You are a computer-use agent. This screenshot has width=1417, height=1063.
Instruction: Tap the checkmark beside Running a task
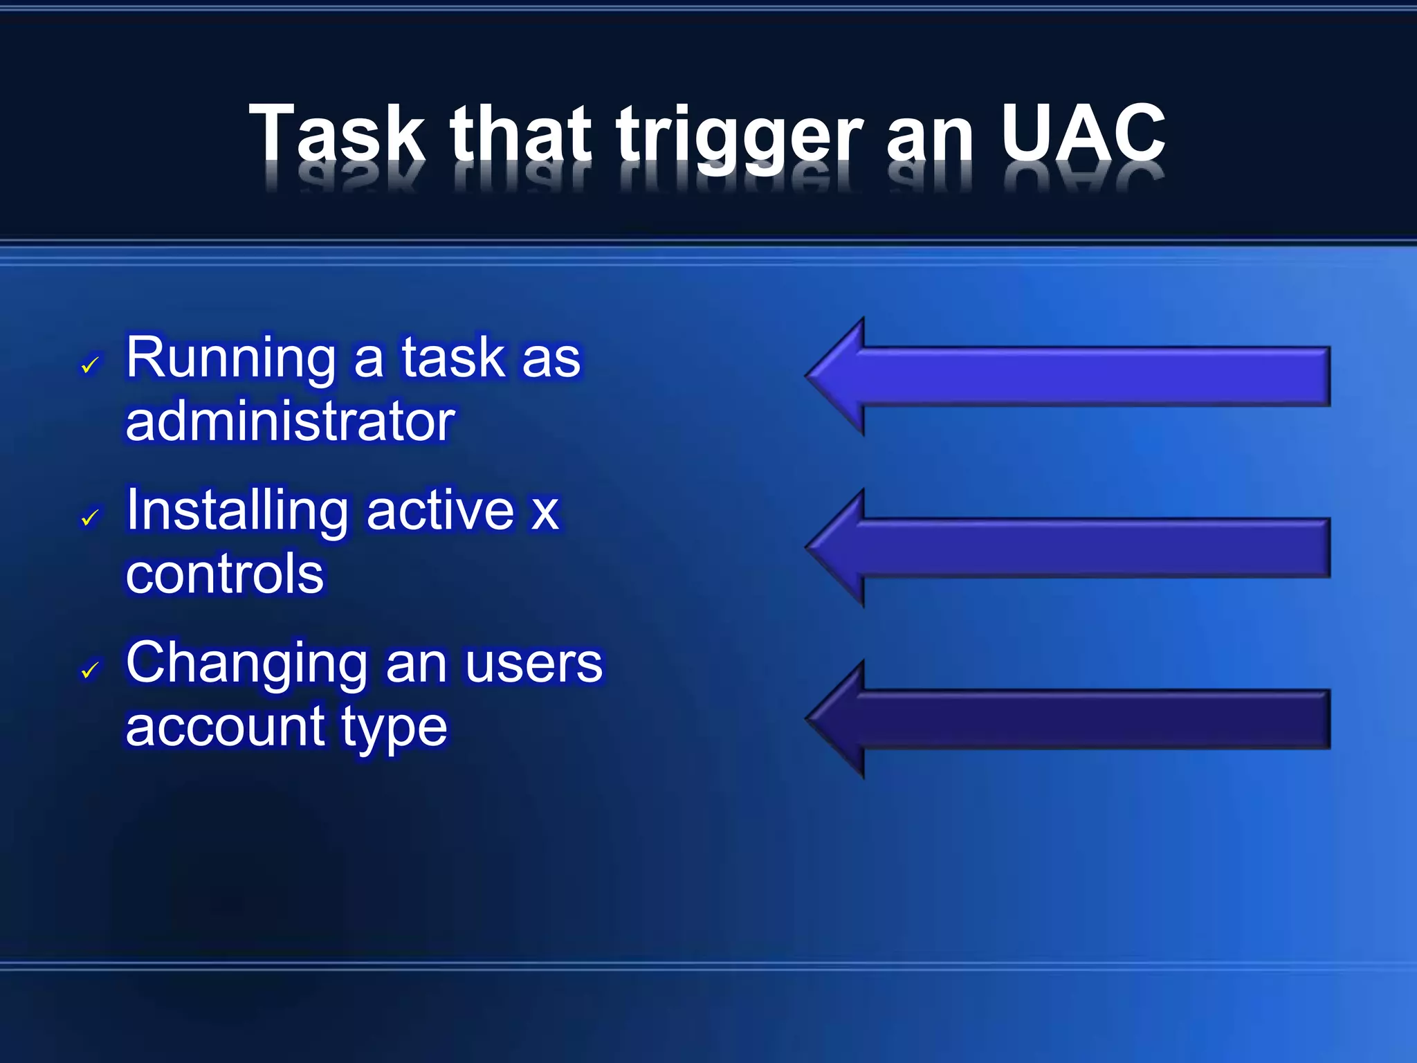[x=90, y=365]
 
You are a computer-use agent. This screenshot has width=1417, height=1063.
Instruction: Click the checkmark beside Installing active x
[x=90, y=517]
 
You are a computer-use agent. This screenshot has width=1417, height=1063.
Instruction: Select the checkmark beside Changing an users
[x=90, y=670]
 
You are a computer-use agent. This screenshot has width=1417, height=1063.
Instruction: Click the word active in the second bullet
[x=440, y=511]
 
